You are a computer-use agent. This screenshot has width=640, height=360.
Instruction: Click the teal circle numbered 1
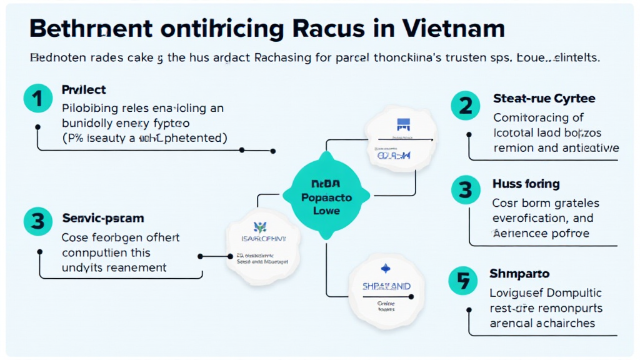(37, 99)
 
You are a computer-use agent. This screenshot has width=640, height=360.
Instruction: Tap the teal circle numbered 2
(466, 106)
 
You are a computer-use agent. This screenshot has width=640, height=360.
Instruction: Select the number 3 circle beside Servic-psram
(37, 220)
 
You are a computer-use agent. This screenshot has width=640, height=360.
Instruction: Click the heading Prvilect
(84, 90)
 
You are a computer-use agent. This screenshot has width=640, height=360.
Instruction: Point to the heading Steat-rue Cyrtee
(544, 98)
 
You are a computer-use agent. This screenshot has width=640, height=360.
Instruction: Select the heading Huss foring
(526, 184)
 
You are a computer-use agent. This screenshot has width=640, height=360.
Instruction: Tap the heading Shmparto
(519, 274)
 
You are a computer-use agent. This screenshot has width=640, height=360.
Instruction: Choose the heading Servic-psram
(103, 218)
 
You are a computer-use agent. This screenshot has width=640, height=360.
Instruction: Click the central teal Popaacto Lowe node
(326, 197)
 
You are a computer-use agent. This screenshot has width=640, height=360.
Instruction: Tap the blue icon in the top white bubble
(401, 124)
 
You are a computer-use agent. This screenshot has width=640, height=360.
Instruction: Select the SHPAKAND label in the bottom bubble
(387, 286)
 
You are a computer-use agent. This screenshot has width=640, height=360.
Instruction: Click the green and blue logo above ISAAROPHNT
(259, 227)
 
